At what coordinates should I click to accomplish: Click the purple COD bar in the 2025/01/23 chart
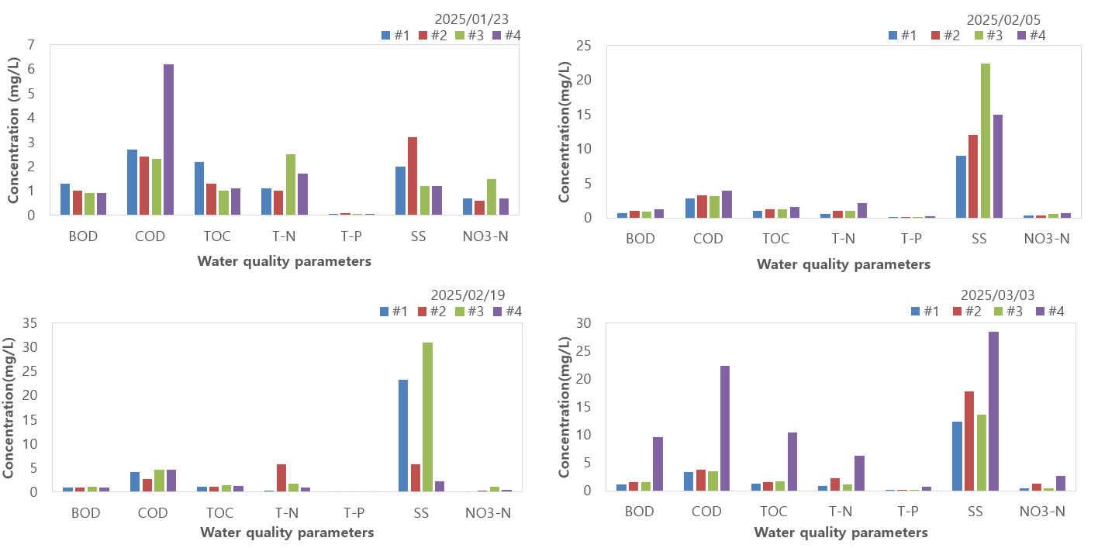tap(168, 140)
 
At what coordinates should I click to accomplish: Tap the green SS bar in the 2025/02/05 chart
tap(985, 140)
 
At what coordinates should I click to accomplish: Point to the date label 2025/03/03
tap(997, 295)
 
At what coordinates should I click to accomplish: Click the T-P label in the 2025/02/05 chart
tap(911, 239)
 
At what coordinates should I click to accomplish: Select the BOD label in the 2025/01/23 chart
tap(83, 236)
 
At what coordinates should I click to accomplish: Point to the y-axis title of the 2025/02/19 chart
tap(10, 407)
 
